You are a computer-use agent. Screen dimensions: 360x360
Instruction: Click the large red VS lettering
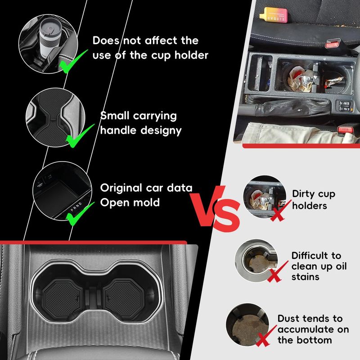(215, 208)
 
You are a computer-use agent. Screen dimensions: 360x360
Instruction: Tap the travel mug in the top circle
(50, 38)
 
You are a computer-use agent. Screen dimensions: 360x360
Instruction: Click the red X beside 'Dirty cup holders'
(279, 211)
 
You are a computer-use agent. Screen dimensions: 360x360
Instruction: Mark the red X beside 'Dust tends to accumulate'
(266, 336)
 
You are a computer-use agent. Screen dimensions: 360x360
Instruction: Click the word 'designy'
(161, 131)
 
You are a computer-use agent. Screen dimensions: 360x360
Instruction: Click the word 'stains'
(306, 277)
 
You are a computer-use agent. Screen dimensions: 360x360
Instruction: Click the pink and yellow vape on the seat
(273, 15)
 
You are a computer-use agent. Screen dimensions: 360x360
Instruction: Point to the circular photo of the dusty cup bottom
(247, 324)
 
